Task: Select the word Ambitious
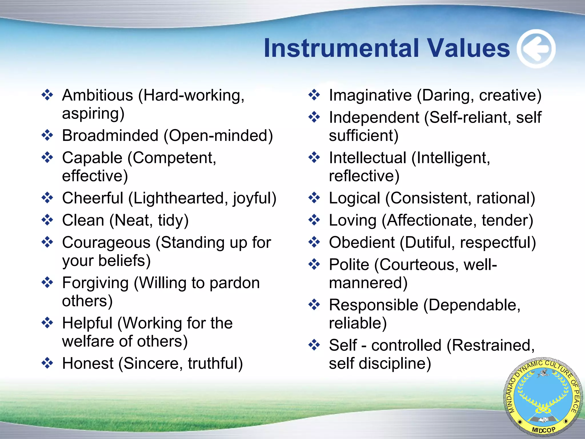pos(97,95)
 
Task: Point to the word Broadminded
pos(110,135)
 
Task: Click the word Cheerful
pos(93,198)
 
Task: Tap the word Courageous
pos(106,243)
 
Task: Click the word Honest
pos(88,364)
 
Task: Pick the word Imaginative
pos(370,95)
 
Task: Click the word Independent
pos(374,117)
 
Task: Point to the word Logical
pos(354,198)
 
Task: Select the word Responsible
pos(373,305)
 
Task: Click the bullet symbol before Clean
pos(47,220)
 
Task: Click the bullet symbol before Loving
pos(314,220)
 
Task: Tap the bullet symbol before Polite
pos(314,264)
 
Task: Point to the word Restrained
pos(490,345)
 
